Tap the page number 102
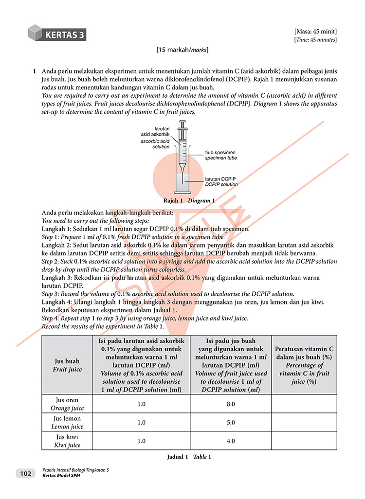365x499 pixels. pos(26,473)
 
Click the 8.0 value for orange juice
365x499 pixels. pos(231,404)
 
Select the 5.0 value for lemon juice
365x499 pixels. pos(231,423)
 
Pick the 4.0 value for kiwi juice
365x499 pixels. pos(231,441)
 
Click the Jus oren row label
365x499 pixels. pos(67,404)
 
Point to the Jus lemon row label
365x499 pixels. pos(67,423)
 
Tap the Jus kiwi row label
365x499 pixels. pos(67,441)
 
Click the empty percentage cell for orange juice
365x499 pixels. pos(304,404)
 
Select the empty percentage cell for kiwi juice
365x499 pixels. pos(304,441)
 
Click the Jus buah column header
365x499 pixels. pos(67,365)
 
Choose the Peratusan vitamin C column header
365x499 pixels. pos(304,365)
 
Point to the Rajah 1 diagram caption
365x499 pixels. pos(189,200)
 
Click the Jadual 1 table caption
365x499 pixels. pos(189,457)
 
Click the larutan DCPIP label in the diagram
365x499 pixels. pos(221,182)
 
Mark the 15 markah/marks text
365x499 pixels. pos(182,50)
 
